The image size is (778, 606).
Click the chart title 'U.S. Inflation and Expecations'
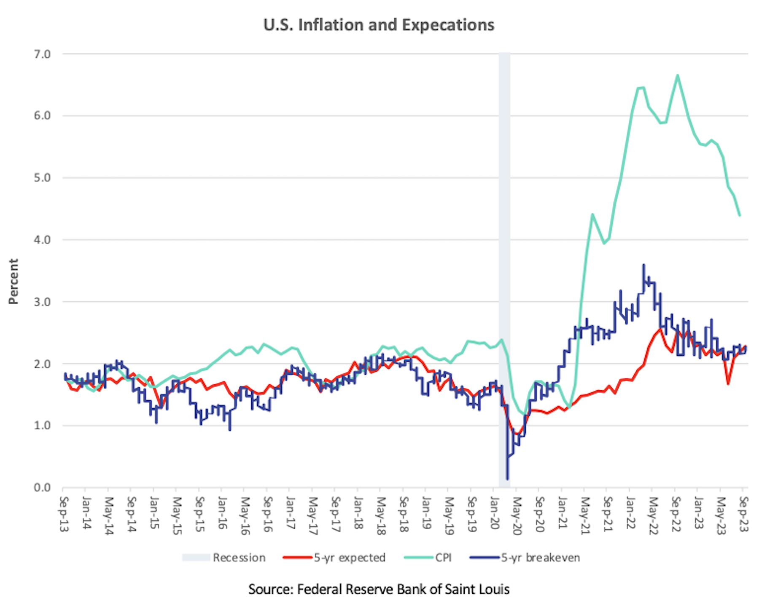tap(379, 25)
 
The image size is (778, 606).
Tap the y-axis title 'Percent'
tap(13, 281)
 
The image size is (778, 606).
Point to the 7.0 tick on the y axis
tap(42, 54)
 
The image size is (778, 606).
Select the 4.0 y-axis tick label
tap(42, 240)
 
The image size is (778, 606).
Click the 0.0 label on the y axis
tap(42, 488)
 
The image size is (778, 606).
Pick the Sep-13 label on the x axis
tap(64, 514)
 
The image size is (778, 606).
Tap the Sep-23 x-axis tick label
tap(744, 514)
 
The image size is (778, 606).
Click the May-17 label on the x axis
tap(312, 516)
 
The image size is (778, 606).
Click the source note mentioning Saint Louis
tap(379, 589)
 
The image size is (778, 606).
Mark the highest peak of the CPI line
tap(678, 75)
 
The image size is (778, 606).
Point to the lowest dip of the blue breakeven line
tap(507, 479)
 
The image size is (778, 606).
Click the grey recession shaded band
tap(504, 253)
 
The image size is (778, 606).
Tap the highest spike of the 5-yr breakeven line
tap(643, 265)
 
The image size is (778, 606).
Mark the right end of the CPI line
tap(740, 215)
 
